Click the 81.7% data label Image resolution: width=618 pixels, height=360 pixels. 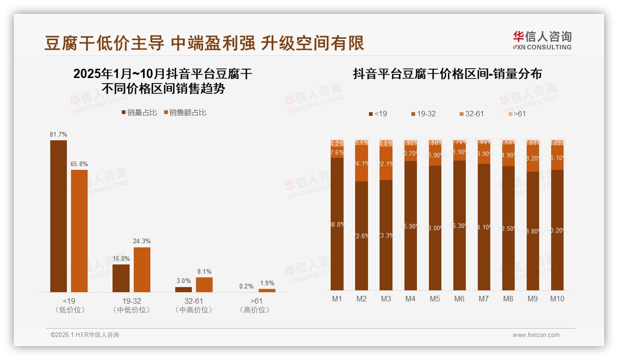59,134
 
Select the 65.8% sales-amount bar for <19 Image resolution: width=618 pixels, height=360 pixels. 79,231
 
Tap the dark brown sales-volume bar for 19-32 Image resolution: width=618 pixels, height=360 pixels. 121,278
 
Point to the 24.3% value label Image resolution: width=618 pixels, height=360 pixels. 142,241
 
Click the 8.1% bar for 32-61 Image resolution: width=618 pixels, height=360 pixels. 204,285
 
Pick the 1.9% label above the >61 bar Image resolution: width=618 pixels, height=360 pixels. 267,283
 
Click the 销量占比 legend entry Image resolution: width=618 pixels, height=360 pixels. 139,113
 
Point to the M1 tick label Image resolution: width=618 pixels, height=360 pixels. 337,299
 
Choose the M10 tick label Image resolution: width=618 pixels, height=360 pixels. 557,299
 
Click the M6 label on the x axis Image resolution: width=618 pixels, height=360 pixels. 459,299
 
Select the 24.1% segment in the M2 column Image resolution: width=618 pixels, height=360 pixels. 362,163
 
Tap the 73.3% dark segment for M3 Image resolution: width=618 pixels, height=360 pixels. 386,235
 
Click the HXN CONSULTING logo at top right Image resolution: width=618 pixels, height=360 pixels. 542,41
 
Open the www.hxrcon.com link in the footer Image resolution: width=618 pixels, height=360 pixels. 536,335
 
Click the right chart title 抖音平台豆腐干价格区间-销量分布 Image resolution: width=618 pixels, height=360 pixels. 447,74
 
